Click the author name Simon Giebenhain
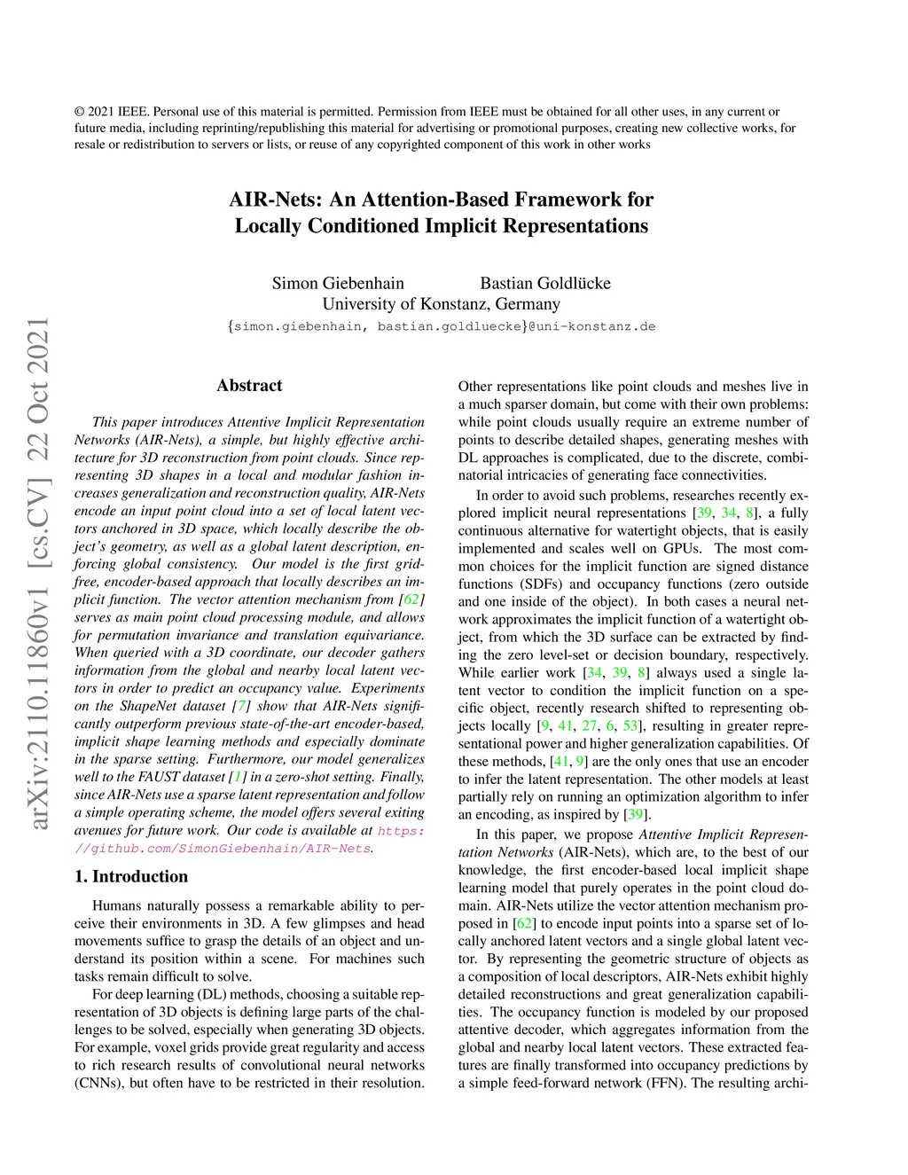[338, 283]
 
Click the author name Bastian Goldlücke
[544, 283]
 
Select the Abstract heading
[249, 385]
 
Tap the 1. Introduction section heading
[131, 876]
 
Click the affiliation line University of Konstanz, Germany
[441, 304]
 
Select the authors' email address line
[441, 326]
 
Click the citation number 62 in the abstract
[411, 599]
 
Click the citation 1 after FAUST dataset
[235, 777]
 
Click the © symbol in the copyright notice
[80, 112]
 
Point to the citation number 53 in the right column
[630, 725]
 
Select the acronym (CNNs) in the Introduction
[99, 1083]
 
